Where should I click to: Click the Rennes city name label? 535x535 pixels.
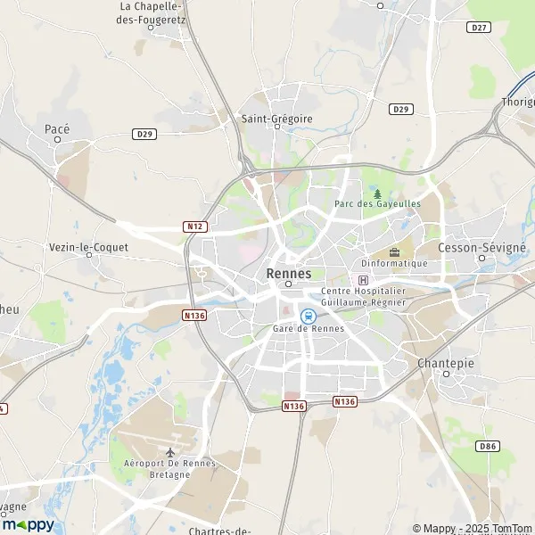[x=289, y=274]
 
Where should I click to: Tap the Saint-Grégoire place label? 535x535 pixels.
[x=276, y=117]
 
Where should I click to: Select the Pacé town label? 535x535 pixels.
[x=57, y=129]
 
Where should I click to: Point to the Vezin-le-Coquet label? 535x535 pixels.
[x=88, y=247]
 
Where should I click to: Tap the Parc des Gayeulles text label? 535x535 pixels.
[x=377, y=204]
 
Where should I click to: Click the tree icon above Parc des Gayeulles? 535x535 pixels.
[x=377, y=193]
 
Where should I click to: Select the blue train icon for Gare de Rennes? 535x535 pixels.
[x=308, y=315]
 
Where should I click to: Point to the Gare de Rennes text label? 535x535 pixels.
[x=308, y=329]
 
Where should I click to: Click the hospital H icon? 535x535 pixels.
[x=362, y=280]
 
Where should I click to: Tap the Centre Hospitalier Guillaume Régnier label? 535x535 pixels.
[x=363, y=297]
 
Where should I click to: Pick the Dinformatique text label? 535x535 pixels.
[x=394, y=264]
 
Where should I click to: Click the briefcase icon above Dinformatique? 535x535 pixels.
[x=394, y=252]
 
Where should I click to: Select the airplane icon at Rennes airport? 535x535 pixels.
[x=169, y=451]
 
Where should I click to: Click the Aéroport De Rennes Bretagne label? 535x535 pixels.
[x=169, y=468]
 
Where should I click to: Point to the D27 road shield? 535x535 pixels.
[x=479, y=28]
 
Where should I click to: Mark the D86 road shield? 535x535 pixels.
[x=487, y=445]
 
